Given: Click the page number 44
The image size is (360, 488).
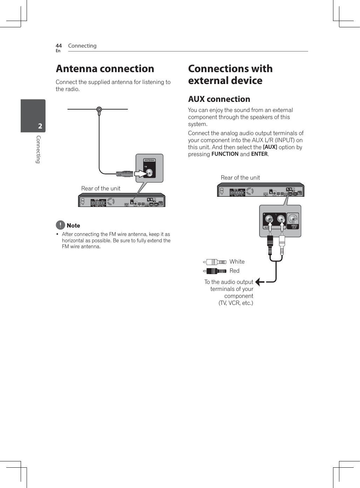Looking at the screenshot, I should point(58,46).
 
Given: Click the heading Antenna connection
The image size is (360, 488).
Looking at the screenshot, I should point(105,69).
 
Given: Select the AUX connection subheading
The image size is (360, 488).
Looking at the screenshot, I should point(219,99).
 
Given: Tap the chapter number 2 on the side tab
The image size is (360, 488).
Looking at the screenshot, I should point(40,126).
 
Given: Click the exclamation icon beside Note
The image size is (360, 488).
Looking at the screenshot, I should point(60,225).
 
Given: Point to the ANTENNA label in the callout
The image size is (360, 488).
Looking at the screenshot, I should point(150,160).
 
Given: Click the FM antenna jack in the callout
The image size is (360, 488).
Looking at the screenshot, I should point(150,173).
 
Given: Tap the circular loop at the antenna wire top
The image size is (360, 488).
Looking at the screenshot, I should point(99,110).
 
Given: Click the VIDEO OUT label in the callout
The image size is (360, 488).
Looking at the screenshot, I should point(294,226).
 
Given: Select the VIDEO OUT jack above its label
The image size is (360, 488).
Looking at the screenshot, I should point(293,219).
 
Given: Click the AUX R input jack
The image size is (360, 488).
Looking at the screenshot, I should point(269,219).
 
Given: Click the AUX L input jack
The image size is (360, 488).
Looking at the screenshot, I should point(281,219).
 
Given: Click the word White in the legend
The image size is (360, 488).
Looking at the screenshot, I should point(237,262).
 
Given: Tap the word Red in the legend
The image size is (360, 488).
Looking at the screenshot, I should point(235,271).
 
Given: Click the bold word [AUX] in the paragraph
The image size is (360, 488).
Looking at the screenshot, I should point(270,147).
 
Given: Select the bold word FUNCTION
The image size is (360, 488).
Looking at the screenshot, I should point(225,154).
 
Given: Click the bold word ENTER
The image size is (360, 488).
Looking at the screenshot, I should point(259,154).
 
